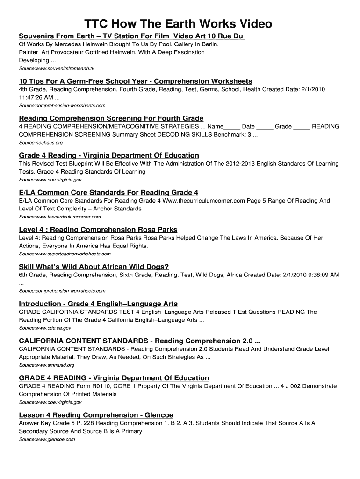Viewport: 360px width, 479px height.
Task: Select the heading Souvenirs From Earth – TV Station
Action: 132,36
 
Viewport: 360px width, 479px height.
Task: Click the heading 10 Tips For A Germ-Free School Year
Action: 135,81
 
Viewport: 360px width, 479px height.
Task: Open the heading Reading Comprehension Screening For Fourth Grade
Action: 111,118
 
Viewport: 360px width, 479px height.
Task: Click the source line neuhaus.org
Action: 41,142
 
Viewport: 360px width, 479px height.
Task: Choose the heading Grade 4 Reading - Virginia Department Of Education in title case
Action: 109,155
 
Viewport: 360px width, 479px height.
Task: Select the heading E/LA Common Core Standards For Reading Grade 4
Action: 108,192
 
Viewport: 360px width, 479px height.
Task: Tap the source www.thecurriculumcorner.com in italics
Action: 59,217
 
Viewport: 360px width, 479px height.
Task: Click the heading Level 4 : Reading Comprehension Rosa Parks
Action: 98,229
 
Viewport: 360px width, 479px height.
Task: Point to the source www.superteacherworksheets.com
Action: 65,254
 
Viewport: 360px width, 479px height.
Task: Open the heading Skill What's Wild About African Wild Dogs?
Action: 94,267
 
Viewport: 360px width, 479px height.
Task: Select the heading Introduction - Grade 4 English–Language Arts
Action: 98,304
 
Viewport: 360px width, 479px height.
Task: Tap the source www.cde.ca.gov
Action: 45,328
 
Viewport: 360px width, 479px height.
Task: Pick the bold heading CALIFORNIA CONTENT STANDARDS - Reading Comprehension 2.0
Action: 139,341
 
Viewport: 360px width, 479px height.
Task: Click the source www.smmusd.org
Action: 46,365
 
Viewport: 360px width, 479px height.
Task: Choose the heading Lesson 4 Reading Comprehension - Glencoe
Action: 96,415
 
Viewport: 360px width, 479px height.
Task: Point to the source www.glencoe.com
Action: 47,439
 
